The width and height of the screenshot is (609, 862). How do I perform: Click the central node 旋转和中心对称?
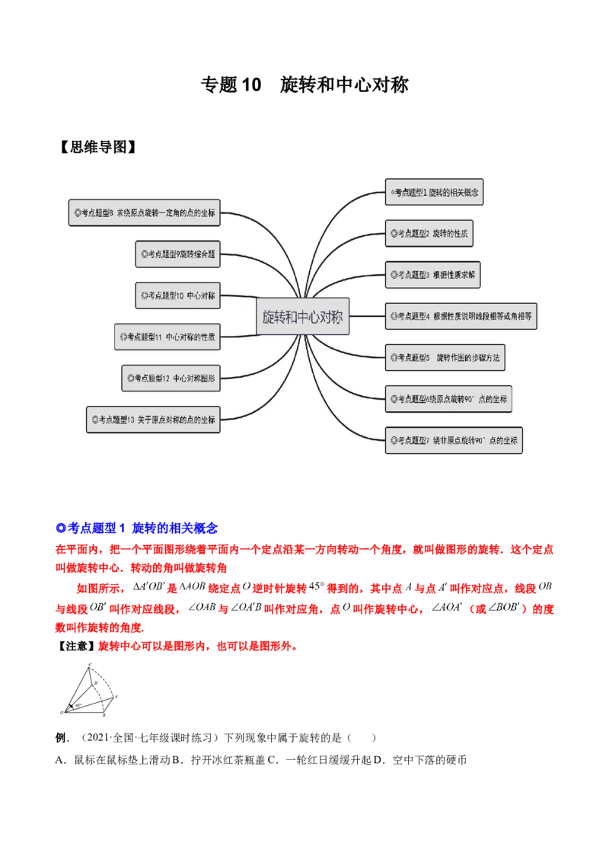[x=303, y=317]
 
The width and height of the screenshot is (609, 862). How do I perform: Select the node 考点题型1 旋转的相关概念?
[x=434, y=193]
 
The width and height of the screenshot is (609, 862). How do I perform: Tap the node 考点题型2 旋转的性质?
[x=429, y=234]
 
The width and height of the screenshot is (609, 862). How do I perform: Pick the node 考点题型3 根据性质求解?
[x=432, y=274]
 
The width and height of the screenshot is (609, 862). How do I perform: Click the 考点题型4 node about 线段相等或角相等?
[x=461, y=315]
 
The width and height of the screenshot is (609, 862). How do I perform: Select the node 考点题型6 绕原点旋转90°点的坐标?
[x=448, y=398]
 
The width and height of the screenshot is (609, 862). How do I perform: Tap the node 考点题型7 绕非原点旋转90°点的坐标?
[x=454, y=440]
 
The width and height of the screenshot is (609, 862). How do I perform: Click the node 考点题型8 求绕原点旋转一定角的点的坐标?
[x=145, y=213]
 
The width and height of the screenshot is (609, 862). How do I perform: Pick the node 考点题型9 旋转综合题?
[x=178, y=254]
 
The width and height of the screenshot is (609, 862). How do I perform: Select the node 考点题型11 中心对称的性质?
[x=167, y=336]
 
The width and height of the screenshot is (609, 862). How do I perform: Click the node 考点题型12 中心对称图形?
[x=171, y=377]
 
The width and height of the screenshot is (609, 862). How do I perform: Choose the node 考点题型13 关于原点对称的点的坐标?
[x=154, y=419]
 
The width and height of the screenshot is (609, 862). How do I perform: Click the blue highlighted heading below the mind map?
[x=137, y=526]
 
